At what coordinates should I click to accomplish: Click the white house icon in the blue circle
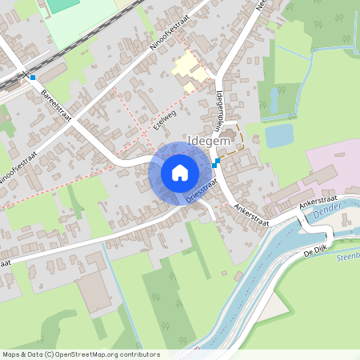[x=179, y=172]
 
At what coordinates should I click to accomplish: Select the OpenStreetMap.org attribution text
[x=80, y=354]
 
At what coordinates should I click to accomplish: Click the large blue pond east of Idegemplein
[x=279, y=135]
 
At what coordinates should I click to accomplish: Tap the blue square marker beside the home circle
[x=216, y=162]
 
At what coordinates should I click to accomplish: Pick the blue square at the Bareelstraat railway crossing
[x=33, y=78]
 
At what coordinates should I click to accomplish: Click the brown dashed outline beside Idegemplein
[x=234, y=141]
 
